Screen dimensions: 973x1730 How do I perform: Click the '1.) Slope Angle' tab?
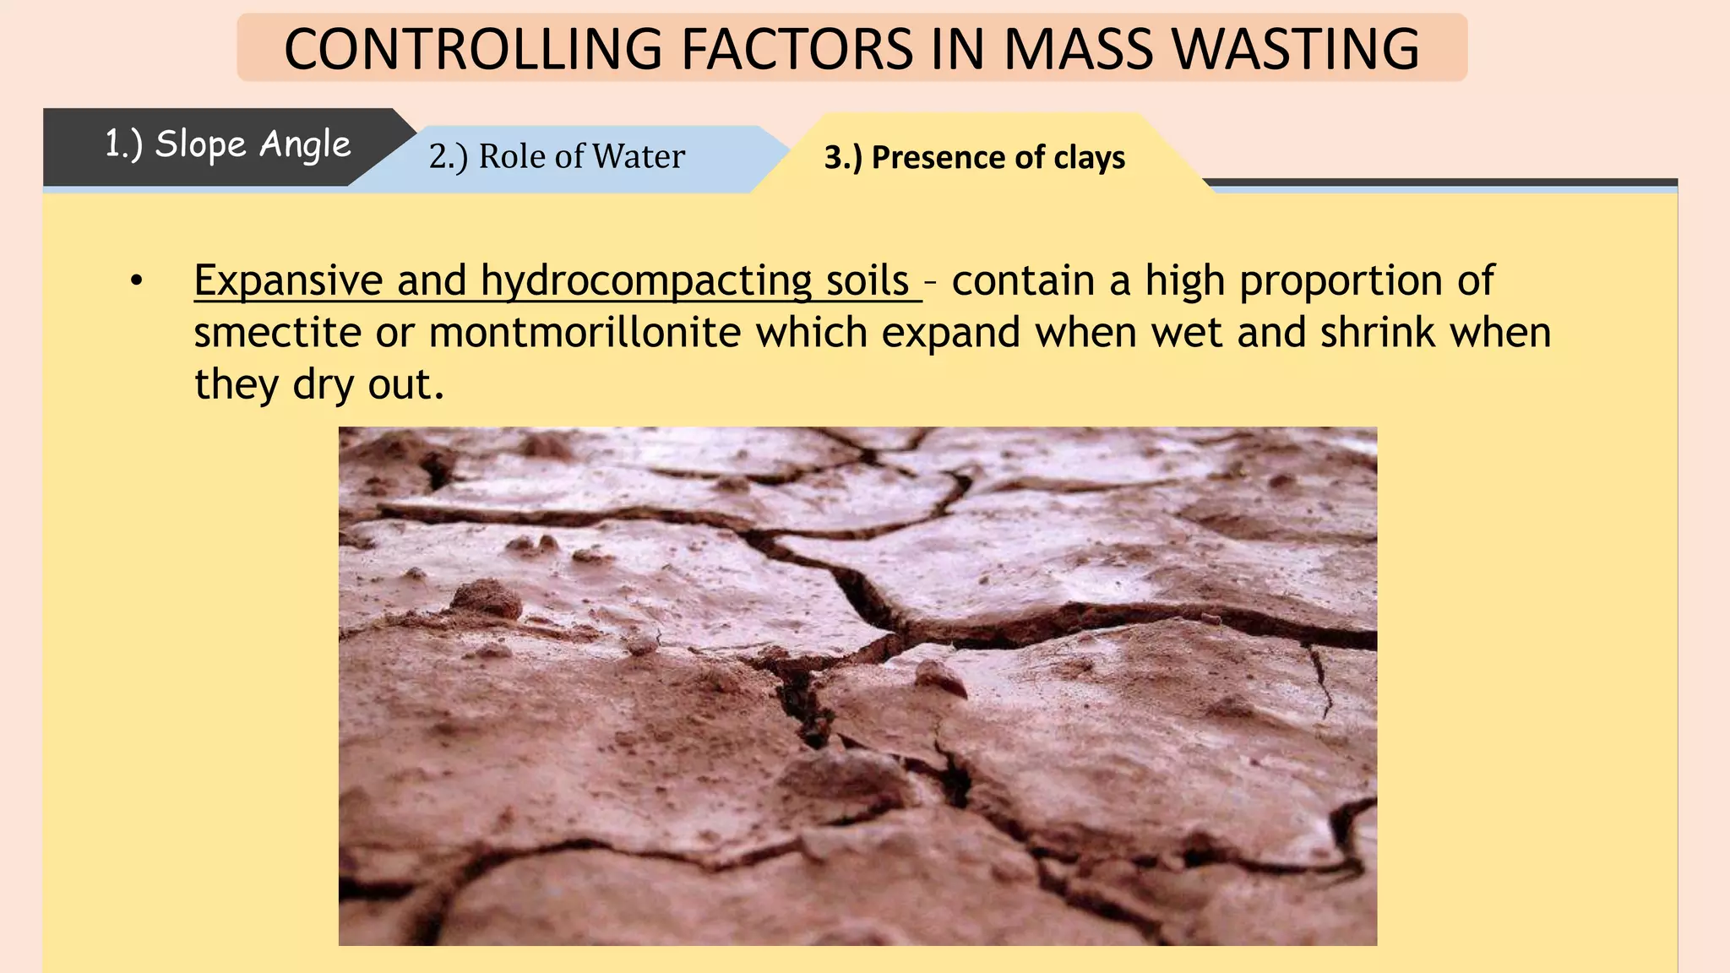pos(226,145)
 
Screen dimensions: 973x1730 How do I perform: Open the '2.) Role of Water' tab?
pos(557,157)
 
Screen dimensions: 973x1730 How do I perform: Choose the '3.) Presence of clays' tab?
pos(974,158)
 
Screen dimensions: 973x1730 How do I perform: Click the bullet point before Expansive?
pos(137,281)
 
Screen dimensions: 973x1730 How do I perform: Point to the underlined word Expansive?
pos(288,281)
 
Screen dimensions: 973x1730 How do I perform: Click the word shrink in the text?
pos(1378,333)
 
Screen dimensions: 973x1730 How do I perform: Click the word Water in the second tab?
pos(638,157)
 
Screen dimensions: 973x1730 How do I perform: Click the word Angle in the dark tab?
pos(305,145)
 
